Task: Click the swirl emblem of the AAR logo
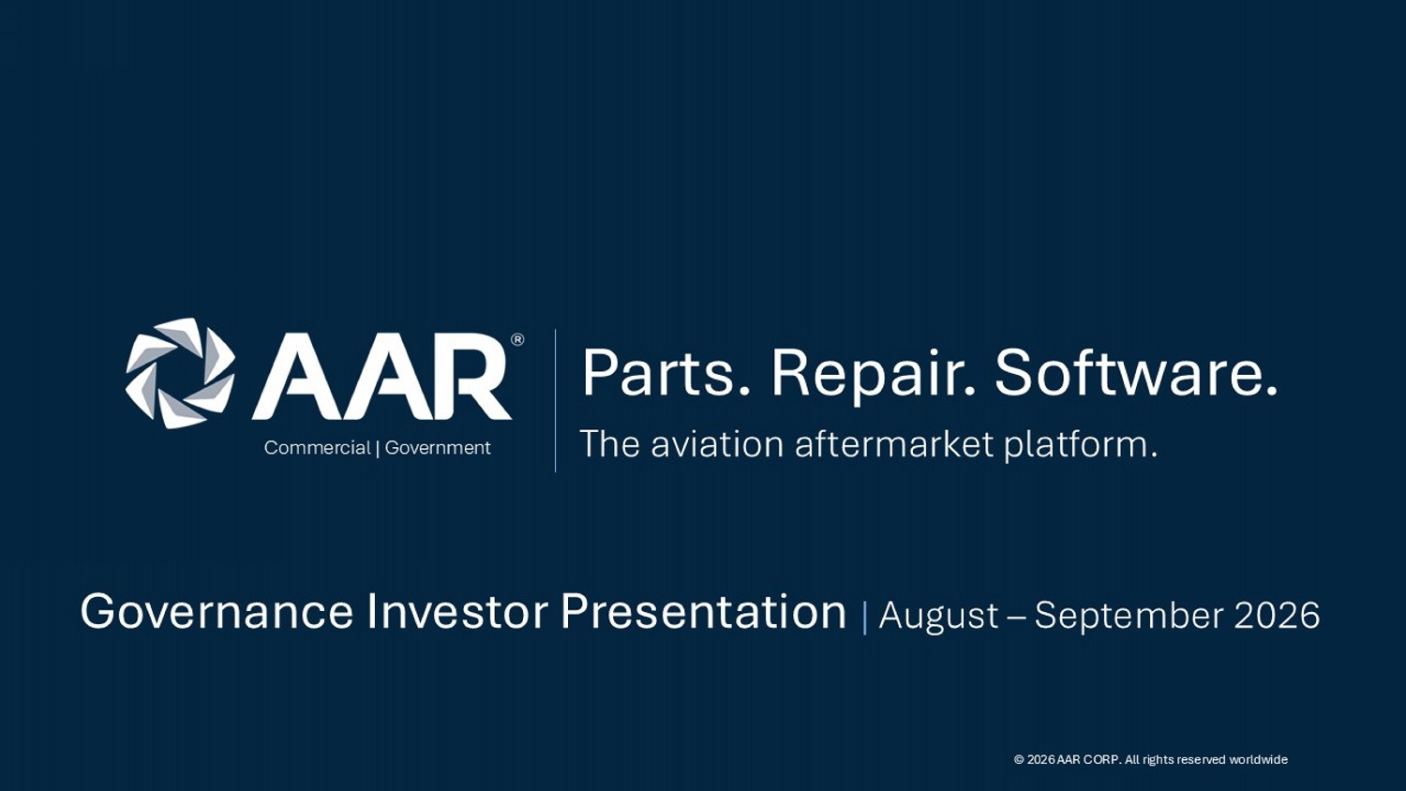(x=180, y=374)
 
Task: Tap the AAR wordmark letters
(x=381, y=377)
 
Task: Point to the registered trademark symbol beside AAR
(x=517, y=339)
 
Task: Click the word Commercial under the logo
(x=317, y=448)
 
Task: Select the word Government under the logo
(x=438, y=448)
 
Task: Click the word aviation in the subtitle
(x=717, y=444)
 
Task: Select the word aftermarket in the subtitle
(x=894, y=444)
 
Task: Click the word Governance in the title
(x=217, y=612)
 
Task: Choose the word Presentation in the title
(x=704, y=612)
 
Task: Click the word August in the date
(x=938, y=616)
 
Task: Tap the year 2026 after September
(x=1277, y=615)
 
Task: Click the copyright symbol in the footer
(x=1020, y=760)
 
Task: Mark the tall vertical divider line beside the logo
(x=556, y=400)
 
